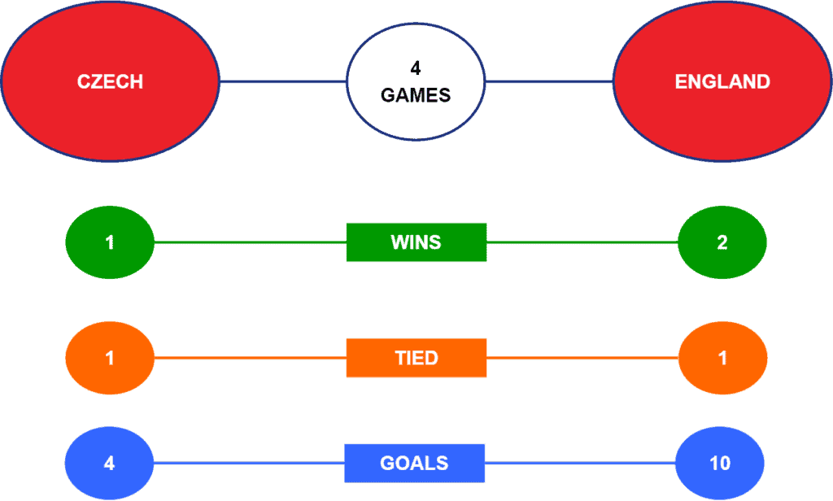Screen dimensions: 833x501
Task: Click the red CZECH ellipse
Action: [x=110, y=81]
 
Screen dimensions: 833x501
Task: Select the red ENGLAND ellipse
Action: [x=722, y=81]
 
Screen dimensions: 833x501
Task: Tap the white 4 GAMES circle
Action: [x=416, y=82]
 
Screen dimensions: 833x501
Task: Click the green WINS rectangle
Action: [x=416, y=242]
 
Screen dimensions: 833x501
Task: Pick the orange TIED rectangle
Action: [x=416, y=358]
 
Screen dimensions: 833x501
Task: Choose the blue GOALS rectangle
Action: [x=414, y=464]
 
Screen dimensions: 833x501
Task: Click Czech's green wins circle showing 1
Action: [x=110, y=242]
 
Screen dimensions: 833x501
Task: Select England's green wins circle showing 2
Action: [x=722, y=242]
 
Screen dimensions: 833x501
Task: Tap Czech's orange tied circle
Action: [x=110, y=358]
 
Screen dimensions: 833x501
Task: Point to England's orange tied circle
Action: [x=722, y=358]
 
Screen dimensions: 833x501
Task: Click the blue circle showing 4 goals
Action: [x=109, y=464]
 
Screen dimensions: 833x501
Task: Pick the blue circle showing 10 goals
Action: [x=720, y=464]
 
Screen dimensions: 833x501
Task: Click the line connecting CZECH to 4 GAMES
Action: [x=283, y=82]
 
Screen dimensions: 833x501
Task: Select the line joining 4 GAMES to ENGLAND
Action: [x=549, y=82]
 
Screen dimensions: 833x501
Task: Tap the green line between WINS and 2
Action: [x=582, y=242]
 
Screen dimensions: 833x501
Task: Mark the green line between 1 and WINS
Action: [x=251, y=242]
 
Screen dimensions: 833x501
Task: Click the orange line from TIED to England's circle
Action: [x=582, y=358]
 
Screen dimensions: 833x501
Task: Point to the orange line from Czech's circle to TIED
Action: [x=251, y=358]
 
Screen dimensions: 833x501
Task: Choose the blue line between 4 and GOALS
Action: [x=249, y=464]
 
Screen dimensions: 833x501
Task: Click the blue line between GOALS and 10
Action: [x=580, y=464]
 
